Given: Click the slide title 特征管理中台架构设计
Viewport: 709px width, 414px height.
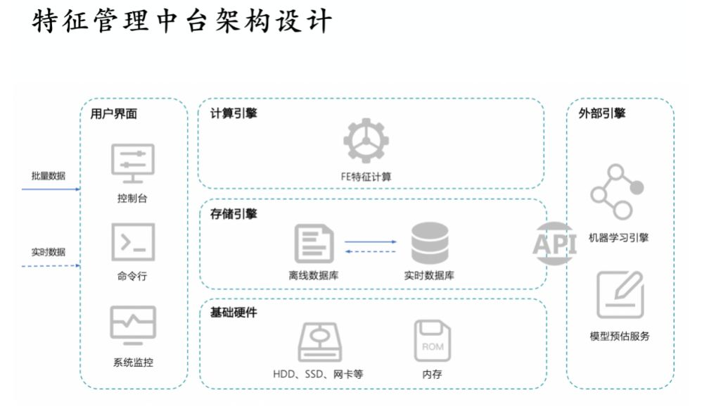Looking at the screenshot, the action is click(181, 21).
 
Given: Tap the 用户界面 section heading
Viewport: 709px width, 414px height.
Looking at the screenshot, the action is click(114, 113).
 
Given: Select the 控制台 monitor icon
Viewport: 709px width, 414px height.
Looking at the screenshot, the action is click(133, 163).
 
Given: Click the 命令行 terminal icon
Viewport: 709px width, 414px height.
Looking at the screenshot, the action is click(133, 242).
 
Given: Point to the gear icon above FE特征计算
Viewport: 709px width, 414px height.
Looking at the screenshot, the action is click(366, 141).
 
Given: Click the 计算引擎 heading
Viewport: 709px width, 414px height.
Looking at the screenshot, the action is click(234, 113).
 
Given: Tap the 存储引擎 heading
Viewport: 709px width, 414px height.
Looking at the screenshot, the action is click(234, 213).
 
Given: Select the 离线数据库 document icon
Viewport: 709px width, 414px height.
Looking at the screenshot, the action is click(314, 244).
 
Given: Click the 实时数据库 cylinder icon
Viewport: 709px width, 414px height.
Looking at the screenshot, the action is click(430, 243).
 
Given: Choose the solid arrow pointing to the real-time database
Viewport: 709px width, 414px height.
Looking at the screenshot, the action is click(370, 242).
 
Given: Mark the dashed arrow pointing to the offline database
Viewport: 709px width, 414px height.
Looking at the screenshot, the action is click(370, 251).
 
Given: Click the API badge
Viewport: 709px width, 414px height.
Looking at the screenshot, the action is click(555, 244).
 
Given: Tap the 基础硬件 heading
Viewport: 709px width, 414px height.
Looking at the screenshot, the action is click(234, 313).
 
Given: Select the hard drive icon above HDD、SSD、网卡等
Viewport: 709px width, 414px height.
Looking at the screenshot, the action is click(319, 342).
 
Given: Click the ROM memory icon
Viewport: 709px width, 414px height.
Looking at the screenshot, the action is click(433, 340).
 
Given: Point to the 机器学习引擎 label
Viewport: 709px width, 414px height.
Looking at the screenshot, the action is click(618, 238).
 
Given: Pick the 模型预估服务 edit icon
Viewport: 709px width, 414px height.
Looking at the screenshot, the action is click(620, 294).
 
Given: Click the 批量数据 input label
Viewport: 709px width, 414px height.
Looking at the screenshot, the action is click(49, 176).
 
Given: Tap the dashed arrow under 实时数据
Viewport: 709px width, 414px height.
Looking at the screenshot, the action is click(51, 266).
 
